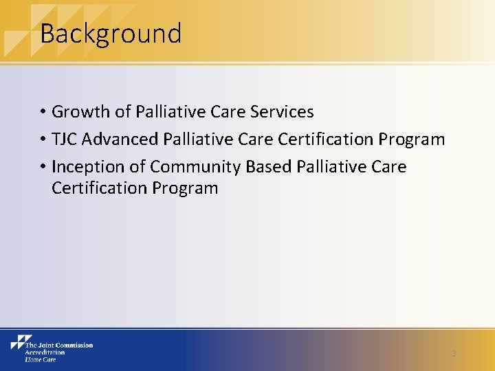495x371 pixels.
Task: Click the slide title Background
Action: click(x=111, y=34)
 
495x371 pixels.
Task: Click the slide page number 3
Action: click(x=454, y=354)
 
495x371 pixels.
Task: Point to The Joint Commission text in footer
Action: click(x=59, y=345)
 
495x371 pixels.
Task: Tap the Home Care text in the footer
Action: click(x=40, y=359)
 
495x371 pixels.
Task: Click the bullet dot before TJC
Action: click(x=43, y=140)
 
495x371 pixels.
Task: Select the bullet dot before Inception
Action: click(x=43, y=168)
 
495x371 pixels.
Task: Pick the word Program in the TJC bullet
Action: click(x=411, y=139)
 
